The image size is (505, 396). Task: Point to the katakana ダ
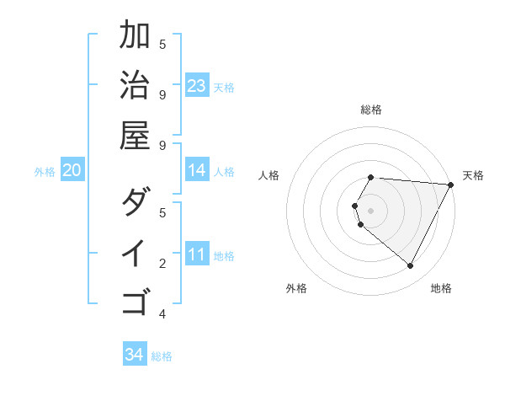135,203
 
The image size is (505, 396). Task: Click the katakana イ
135,253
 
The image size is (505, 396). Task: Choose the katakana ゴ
135,301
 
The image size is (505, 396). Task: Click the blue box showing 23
197,86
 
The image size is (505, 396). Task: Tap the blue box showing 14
197,171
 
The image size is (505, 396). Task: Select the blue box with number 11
197,254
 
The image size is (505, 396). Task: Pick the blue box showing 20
72,171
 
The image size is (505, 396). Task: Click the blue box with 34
135,355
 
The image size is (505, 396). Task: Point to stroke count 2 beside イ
162,265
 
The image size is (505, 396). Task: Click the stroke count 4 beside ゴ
162,314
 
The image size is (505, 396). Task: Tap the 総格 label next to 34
162,356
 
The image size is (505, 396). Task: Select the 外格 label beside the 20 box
45,172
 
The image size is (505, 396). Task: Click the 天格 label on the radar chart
474,175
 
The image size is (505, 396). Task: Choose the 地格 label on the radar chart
441,288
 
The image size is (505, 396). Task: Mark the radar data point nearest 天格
451,185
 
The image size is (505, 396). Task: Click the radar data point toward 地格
411,266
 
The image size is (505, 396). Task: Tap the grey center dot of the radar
370,210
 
